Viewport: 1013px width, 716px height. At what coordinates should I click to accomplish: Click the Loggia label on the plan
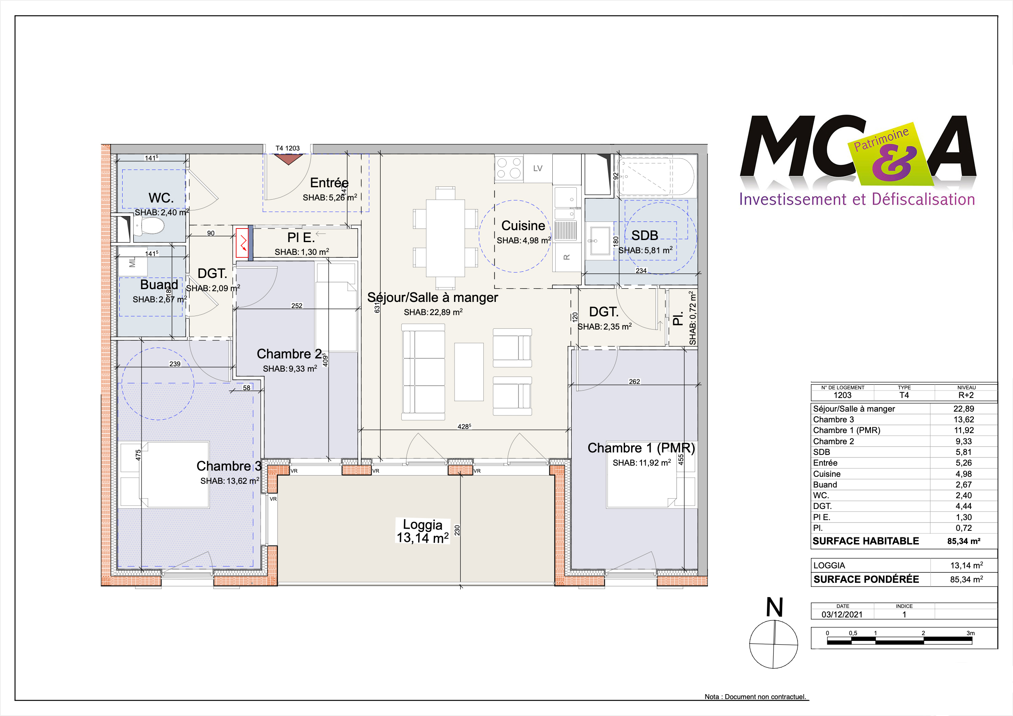point(422,525)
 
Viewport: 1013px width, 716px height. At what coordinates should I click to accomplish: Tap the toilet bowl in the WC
point(151,226)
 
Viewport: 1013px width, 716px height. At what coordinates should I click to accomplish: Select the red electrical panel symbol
point(242,243)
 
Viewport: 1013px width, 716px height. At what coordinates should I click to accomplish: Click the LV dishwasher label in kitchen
point(537,168)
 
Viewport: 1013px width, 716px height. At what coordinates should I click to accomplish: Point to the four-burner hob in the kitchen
point(509,168)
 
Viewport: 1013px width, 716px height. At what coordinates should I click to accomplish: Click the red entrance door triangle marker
point(288,159)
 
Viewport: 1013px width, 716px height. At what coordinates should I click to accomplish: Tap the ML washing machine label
point(133,263)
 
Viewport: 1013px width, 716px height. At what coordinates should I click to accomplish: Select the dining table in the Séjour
point(445,238)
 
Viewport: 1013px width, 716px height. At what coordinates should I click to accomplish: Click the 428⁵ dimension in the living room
point(464,426)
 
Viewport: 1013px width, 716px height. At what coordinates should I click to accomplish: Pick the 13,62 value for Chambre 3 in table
point(963,419)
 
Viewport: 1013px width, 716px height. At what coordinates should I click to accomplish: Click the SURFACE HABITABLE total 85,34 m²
point(963,541)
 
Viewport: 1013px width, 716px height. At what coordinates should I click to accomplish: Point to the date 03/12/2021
point(842,614)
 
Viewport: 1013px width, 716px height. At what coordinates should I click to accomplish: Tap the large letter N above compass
point(774,607)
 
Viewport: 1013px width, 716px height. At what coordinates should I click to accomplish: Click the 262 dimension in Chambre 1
point(634,382)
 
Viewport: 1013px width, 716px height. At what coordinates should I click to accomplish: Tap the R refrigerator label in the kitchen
point(567,257)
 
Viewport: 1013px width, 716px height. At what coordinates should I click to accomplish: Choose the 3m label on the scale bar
point(970,633)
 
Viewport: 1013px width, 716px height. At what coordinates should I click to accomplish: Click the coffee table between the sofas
point(469,372)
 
